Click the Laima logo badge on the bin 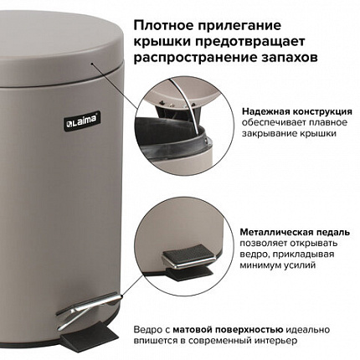click(x=82, y=121)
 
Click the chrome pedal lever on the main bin click(x=90, y=309)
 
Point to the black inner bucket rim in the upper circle click(x=171, y=134)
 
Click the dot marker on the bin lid click(x=91, y=64)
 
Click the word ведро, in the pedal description click(x=254, y=255)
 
